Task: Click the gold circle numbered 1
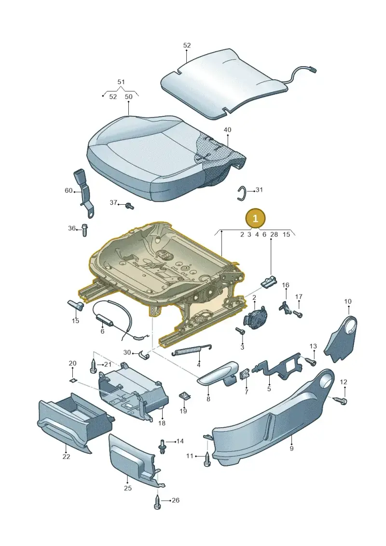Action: tap(255, 219)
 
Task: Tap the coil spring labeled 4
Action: tap(192, 350)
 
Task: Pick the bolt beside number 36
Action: tap(84, 230)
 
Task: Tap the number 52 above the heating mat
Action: tap(187, 45)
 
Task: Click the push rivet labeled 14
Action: tap(163, 446)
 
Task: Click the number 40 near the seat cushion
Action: tap(227, 130)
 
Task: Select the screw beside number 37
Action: tap(129, 206)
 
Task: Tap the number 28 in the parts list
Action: tap(274, 234)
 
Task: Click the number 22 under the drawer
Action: tap(66, 457)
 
